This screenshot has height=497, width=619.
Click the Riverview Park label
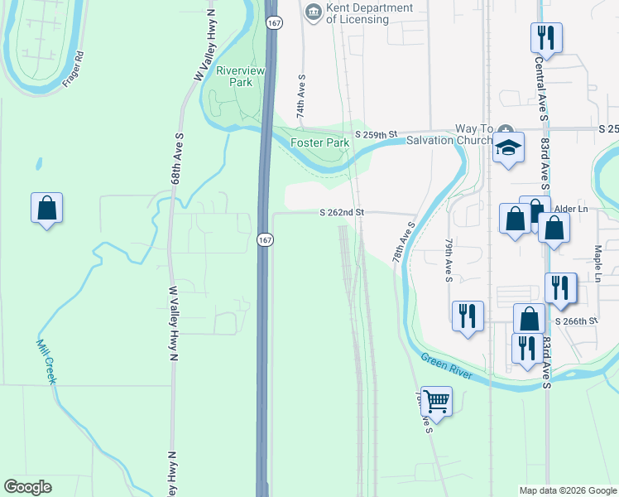[240, 76]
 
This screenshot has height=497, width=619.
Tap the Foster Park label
[319, 142]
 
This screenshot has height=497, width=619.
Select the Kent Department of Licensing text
[369, 14]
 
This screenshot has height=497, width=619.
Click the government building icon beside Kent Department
[313, 11]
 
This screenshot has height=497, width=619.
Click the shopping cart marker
[436, 402]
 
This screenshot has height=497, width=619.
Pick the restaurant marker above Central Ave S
[546, 36]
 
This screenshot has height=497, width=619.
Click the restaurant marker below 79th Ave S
[468, 316]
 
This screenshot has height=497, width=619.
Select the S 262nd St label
[343, 213]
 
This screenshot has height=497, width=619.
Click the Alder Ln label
[571, 210]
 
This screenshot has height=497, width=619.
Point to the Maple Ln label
[597, 263]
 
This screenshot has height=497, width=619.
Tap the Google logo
[27, 487]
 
